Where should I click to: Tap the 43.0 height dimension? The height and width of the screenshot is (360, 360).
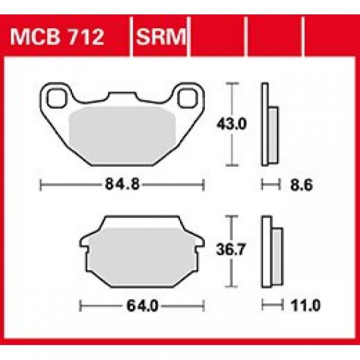232,125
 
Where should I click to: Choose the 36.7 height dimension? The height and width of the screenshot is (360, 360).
232,251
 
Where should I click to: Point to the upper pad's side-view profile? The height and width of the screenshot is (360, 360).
270,128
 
